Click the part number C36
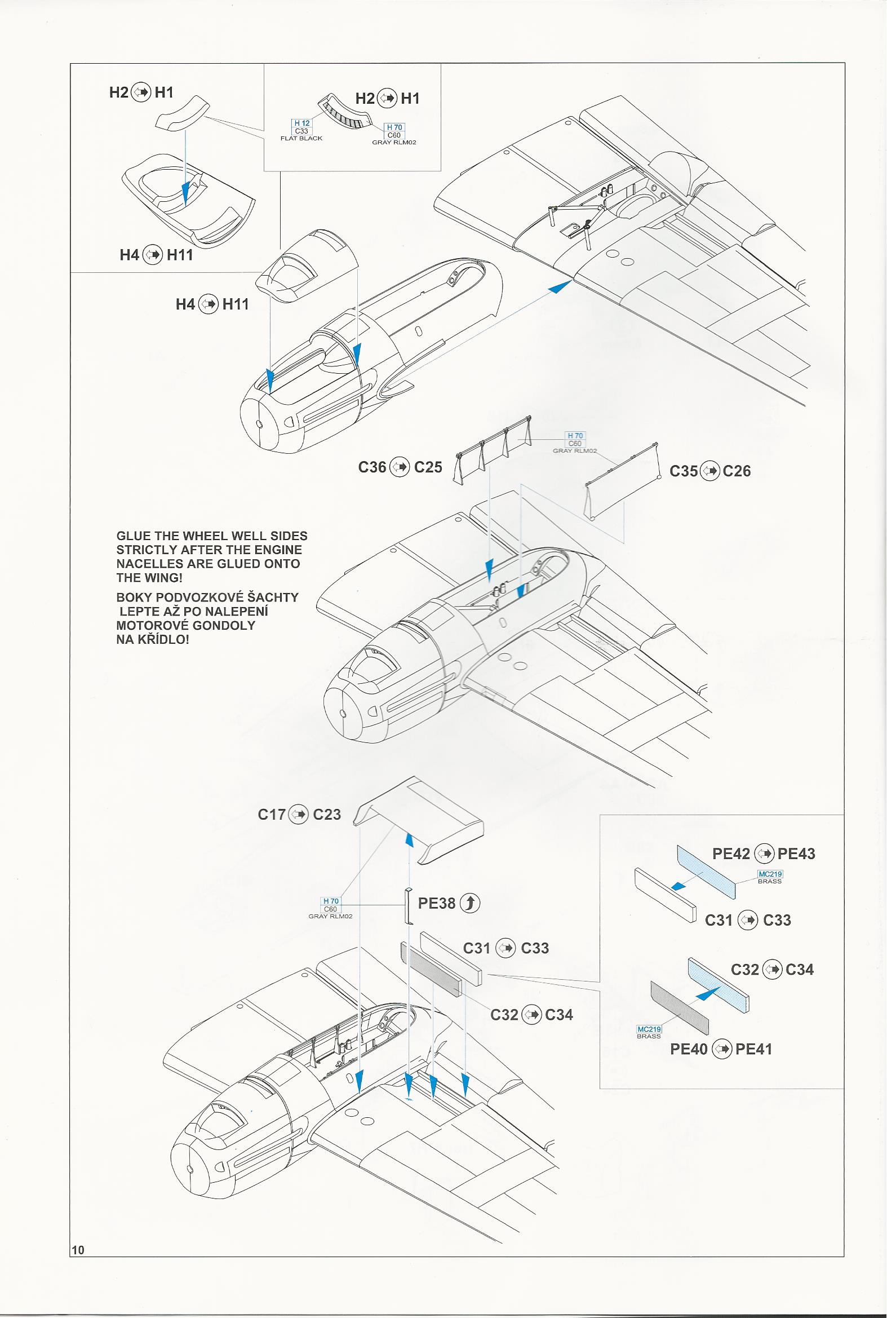[372, 467]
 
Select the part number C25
[428, 467]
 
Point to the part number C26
[737, 471]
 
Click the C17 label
[272, 815]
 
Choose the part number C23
[327, 815]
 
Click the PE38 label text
[436, 903]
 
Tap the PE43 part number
[796, 854]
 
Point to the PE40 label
[689, 1049]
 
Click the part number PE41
[753, 1049]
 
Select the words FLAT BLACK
[301, 139]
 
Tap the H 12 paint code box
[301, 123]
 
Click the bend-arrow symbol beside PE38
[470, 903]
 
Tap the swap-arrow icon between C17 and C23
[299, 815]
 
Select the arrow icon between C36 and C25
[400, 467]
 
